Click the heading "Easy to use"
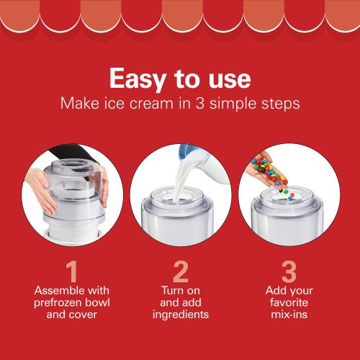point(179,77)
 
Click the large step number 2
point(180,272)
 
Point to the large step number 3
point(288,272)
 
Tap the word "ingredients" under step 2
point(180,315)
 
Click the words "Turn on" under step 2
point(180,289)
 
